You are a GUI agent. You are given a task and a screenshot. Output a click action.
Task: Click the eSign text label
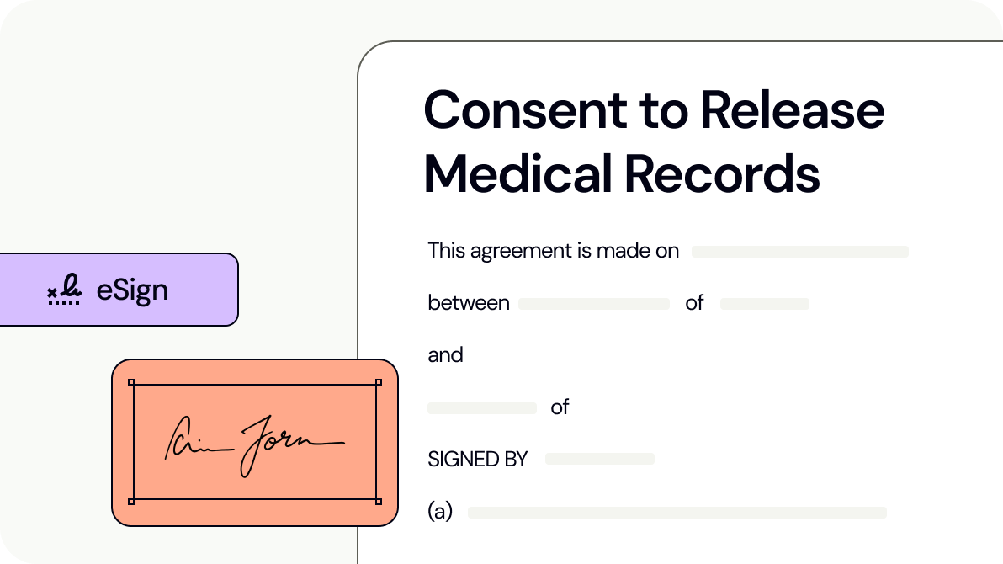coord(132,290)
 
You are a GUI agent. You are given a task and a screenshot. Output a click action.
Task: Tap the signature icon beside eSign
coord(64,290)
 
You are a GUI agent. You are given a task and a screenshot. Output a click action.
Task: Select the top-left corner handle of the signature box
coord(131,383)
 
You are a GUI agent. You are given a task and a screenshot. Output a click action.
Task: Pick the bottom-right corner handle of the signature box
coord(378,501)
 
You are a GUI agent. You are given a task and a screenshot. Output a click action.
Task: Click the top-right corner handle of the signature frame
coord(378,383)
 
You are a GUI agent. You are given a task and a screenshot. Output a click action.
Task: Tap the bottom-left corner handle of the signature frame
coord(131,501)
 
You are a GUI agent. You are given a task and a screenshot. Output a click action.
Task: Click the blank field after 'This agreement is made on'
coord(799,252)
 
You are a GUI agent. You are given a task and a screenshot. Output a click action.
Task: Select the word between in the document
coord(469,303)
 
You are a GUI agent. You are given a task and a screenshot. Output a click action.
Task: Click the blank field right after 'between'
coord(593,304)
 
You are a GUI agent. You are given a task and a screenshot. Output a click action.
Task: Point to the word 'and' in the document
coord(445,355)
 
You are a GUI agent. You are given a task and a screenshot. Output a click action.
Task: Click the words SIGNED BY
coord(477,460)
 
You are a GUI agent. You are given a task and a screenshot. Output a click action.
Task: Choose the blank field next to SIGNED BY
coord(599,459)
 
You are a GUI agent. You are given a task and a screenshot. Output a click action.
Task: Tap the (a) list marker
coord(440,512)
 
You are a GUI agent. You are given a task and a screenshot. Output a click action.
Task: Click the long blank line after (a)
coord(677,513)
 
